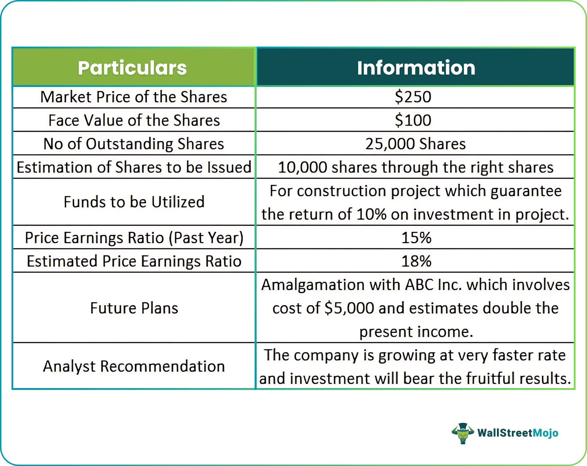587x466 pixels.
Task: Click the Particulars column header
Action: [x=132, y=68]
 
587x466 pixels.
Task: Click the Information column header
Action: [x=416, y=68]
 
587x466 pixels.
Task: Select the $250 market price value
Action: [x=413, y=97]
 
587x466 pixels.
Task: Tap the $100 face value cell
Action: [x=413, y=120]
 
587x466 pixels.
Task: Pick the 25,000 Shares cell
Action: [x=415, y=144]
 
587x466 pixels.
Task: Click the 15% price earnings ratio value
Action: [x=416, y=238]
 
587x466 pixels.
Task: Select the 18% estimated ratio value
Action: [x=416, y=261]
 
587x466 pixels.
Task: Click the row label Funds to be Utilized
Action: [x=134, y=202]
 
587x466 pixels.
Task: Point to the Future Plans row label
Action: [x=134, y=308]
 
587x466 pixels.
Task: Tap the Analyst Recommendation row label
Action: [x=134, y=366]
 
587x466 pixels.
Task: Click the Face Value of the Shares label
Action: [x=134, y=120]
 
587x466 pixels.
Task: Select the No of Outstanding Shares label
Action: [x=134, y=144]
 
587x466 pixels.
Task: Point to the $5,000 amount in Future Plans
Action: [x=349, y=308]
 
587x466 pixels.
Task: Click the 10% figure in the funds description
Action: [x=371, y=214]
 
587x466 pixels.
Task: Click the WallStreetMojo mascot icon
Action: [x=463, y=433]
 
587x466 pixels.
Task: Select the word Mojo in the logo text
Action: [x=545, y=433]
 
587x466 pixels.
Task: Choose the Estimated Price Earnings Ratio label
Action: [x=134, y=261]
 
